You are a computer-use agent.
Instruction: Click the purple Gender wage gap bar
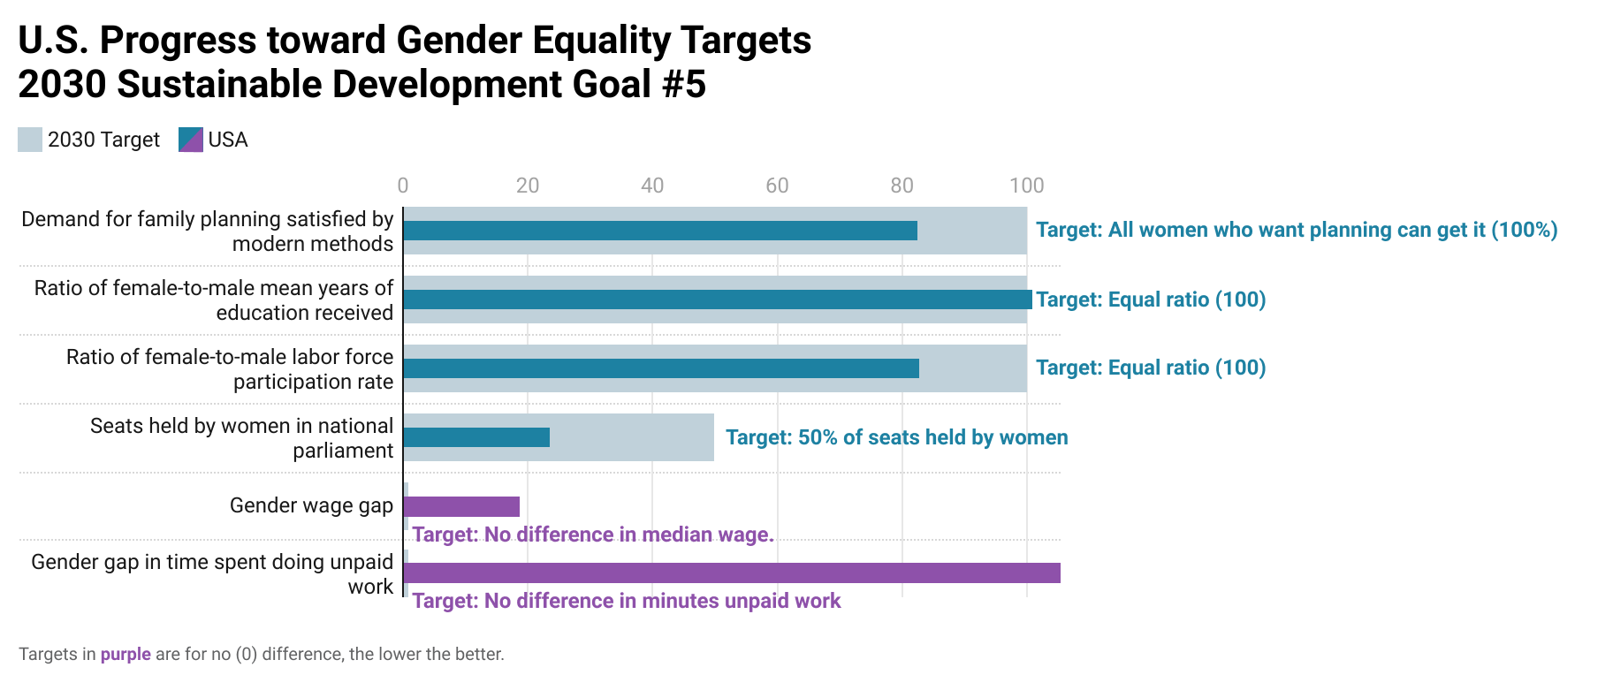[x=461, y=506]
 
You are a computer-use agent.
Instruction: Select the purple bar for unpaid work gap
[x=732, y=573]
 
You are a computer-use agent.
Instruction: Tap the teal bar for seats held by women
[x=476, y=437]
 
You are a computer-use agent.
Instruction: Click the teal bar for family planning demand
[x=660, y=231]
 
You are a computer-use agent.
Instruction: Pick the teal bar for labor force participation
[x=661, y=368]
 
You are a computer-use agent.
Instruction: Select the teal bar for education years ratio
[x=718, y=300]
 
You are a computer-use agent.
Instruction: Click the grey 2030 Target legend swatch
[x=30, y=140]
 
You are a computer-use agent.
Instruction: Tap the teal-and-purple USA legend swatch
[x=191, y=140]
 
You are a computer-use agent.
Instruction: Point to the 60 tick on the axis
[x=777, y=186]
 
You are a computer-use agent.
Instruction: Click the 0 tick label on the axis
[x=403, y=186]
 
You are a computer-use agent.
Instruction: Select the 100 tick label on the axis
[x=1026, y=186]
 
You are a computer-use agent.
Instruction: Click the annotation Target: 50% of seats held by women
[x=896, y=437]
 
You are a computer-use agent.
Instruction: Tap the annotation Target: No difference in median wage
[x=592, y=535]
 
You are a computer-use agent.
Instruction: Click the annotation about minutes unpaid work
[x=626, y=601]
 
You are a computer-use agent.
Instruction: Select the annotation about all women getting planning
[x=1296, y=230]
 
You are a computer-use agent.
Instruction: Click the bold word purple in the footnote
[x=126, y=655]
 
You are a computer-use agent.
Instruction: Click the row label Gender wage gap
[x=311, y=505]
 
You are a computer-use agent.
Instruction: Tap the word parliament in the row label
[x=343, y=451]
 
